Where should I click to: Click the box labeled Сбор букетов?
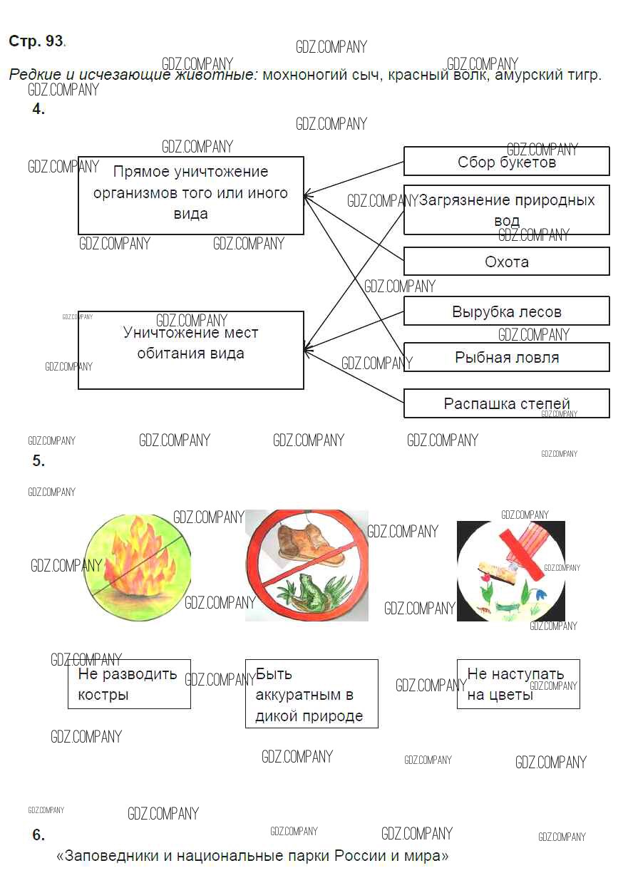(506, 162)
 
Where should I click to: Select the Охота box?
(506, 262)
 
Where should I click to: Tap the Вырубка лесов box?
(506, 311)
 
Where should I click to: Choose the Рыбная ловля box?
(506, 357)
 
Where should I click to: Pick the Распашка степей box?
(506, 403)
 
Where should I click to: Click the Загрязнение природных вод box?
(506, 210)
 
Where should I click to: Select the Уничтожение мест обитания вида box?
(190, 349)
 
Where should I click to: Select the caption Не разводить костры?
(129, 684)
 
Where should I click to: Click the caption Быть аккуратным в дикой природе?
(311, 694)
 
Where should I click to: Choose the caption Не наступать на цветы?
(517, 684)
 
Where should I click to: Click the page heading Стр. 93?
(36, 41)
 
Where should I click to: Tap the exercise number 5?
(38, 461)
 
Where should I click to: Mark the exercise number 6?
(38, 835)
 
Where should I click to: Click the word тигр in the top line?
(584, 75)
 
